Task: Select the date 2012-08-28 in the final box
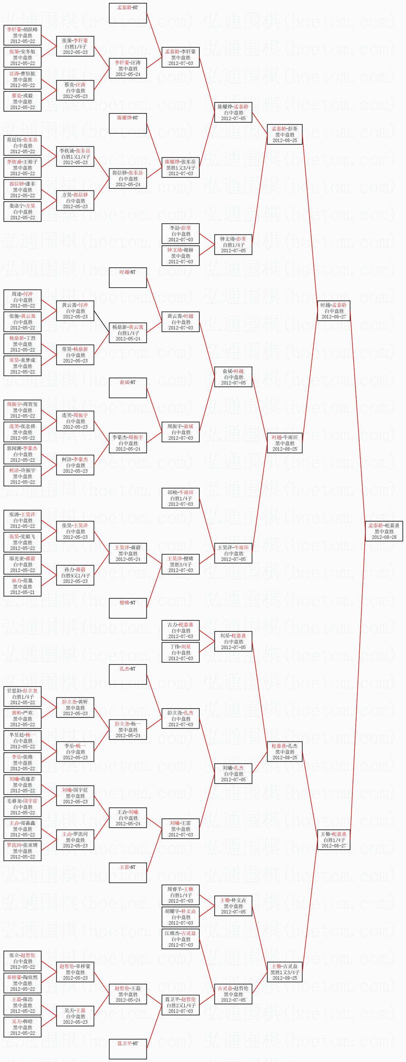pos(384,537)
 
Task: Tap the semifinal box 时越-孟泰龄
pos(334,310)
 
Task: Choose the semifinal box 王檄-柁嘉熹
pos(334,839)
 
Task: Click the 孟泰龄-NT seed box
pos(127,13)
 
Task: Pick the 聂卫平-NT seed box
pos(127,1049)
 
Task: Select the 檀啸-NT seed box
pos(127,608)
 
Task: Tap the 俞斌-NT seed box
pos(127,388)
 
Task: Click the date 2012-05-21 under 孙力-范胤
pos(23,592)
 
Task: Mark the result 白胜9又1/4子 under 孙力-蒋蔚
pos(75,576)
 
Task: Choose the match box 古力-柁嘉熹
pos(180,630)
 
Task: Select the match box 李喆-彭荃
pos(180,233)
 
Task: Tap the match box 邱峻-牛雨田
pos(180,498)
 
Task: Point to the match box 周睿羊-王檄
pos(180,895)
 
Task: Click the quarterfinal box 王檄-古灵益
pos(285,972)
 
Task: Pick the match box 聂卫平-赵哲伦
pos(180,1005)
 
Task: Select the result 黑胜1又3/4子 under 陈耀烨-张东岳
pos(180,168)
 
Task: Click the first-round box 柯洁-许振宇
pos(23,476)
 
